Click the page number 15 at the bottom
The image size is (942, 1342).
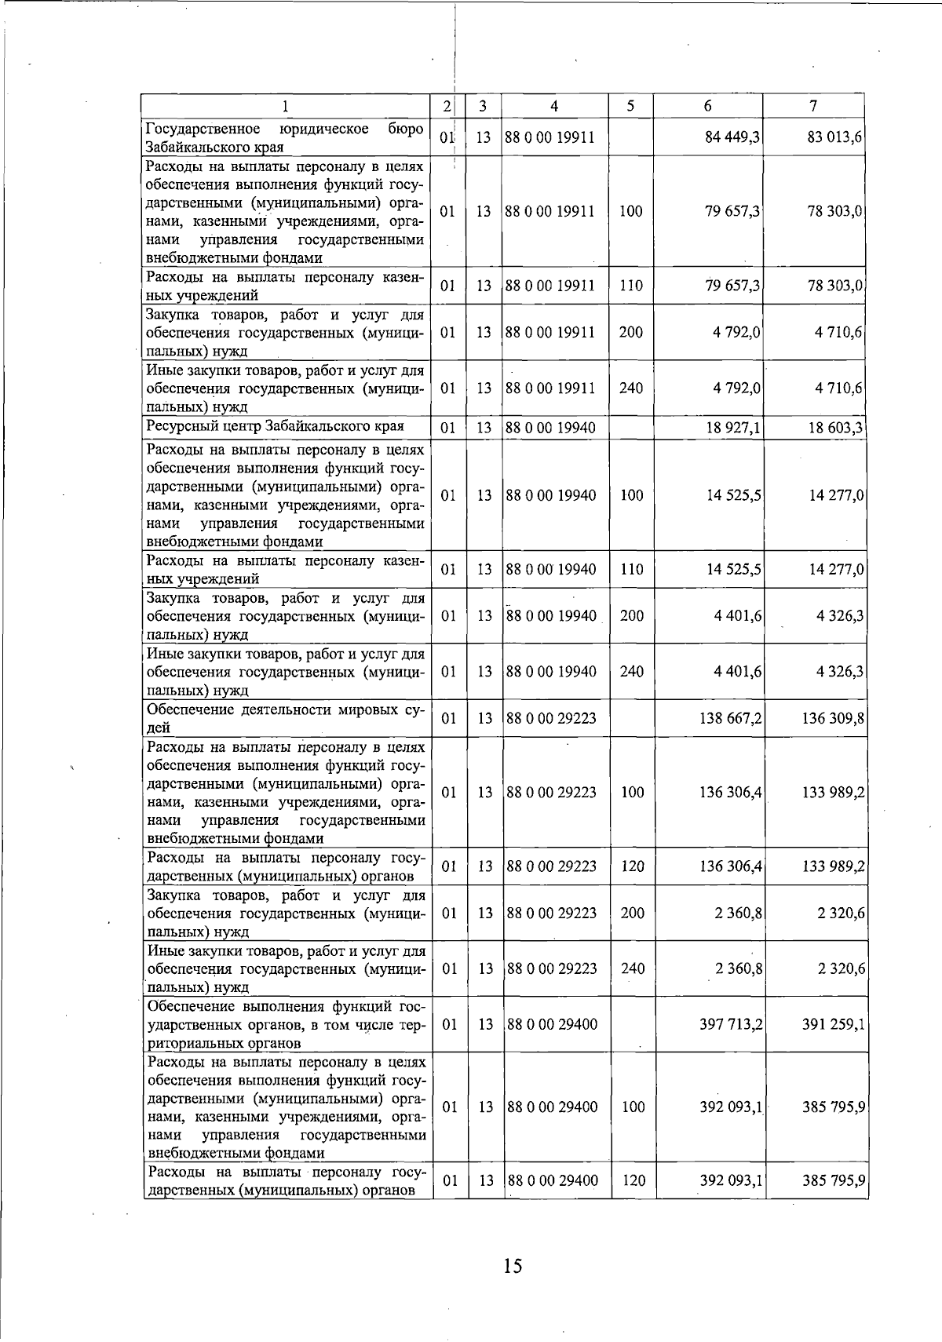[512, 1265]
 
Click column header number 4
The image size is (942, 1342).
[554, 106]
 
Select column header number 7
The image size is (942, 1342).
[814, 106]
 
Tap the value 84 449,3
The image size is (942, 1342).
[731, 137]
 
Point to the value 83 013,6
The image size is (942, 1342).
[835, 137]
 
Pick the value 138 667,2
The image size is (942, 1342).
[730, 718]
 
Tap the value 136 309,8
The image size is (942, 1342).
[834, 718]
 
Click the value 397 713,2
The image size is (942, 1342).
[731, 1024]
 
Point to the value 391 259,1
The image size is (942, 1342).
[834, 1024]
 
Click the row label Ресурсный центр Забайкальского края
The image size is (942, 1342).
[276, 426]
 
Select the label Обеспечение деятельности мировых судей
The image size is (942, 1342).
[287, 718]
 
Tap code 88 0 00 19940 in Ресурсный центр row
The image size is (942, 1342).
[551, 428]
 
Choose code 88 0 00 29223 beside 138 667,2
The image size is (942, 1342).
[552, 718]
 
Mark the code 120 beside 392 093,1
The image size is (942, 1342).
[633, 1180]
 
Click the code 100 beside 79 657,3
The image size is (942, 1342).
[631, 212]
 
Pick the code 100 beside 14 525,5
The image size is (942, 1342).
[631, 495]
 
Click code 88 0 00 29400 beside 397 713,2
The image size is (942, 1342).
[553, 1024]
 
